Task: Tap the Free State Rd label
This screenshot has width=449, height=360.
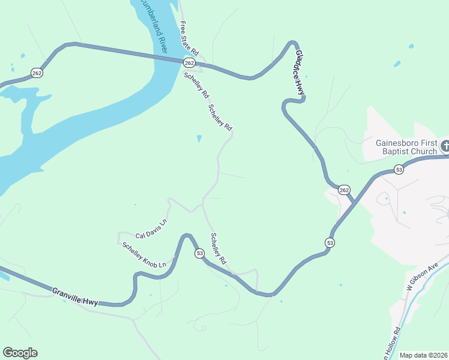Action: [x=190, y=40]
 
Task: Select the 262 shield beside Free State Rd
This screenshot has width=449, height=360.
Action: [x=190, y=63]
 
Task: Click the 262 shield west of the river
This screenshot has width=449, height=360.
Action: [x=37, y=73]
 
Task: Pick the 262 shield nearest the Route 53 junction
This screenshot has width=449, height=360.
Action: [x=344, y=190]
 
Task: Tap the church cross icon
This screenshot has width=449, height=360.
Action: [x=445, y=145]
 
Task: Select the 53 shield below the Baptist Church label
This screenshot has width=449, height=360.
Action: [x=399, y=170]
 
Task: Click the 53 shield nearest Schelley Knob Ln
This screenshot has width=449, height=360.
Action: [x=199, y=254]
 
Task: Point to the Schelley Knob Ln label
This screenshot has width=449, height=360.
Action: [x=144, y=254]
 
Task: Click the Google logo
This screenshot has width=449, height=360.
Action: [x=20, y=353]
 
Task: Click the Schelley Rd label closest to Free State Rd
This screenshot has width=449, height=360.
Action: [x=196, y=85]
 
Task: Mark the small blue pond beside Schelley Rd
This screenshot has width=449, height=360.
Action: [x=199, y=139]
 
